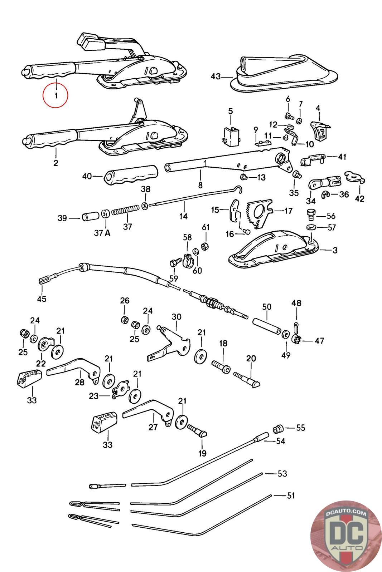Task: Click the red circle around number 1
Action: click(55, 95)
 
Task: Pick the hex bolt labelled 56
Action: click(310, 214)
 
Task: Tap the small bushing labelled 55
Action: click(279, 428)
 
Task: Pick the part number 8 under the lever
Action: click(200, 185)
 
